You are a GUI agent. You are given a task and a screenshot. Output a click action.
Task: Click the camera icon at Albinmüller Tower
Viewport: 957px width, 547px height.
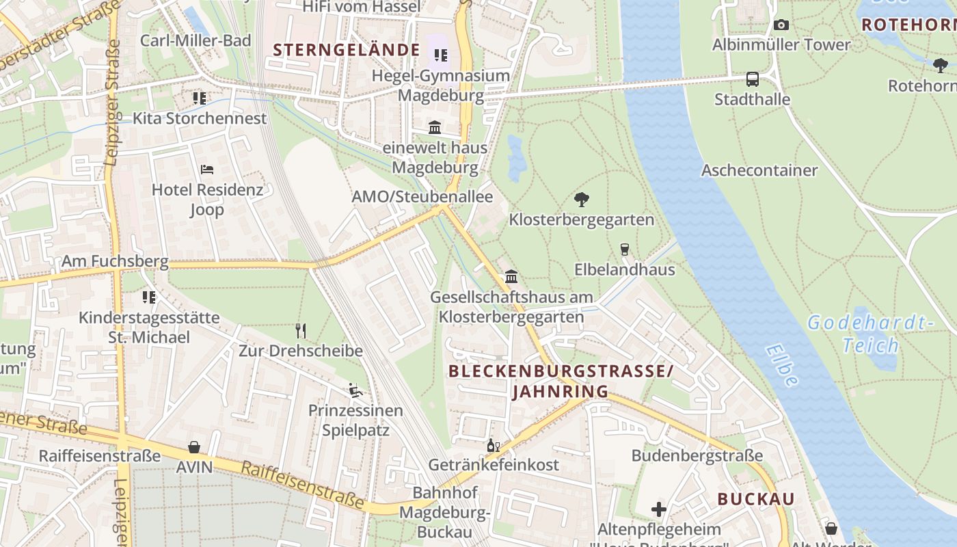[781, 25]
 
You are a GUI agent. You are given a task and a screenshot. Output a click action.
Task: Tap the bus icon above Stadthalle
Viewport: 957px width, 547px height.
[753, 79]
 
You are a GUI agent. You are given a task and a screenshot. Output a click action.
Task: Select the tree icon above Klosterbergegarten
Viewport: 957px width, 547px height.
[582, 200]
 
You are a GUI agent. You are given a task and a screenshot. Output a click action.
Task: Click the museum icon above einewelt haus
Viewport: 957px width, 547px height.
[435, 127]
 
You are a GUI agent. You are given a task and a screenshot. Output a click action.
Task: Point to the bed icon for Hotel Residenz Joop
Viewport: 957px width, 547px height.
[207, 169]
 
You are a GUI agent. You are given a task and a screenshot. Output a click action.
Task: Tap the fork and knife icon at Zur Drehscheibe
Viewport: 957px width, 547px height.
[301, 331]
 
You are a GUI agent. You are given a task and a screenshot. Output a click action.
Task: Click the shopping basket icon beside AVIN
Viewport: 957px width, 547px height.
[194, 447]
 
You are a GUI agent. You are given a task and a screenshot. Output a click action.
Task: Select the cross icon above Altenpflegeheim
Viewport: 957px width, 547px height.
[659, 509]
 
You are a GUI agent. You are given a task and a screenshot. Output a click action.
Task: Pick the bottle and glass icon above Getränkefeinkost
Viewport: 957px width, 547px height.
[493, 445]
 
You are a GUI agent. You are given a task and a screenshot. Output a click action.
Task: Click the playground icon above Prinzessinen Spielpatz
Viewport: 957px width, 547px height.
[355, 390]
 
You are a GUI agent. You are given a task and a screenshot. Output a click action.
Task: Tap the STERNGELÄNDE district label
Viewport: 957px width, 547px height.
[347, 50]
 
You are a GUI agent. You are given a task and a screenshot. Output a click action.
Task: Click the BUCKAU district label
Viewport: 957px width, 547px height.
[756, 499]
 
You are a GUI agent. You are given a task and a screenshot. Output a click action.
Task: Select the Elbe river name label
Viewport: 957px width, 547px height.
[782, 365]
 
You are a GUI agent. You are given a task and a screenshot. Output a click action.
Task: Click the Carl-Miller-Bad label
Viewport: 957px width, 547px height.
[196, 40]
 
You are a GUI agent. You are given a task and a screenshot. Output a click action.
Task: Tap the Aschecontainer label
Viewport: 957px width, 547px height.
[759, 170]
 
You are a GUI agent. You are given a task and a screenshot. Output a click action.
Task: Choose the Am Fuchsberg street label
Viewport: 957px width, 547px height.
[115, 261]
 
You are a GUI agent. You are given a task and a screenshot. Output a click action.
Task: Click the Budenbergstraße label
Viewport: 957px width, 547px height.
[697, 455]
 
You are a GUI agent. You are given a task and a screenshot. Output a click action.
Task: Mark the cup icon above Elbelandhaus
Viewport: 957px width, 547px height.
[624, 249]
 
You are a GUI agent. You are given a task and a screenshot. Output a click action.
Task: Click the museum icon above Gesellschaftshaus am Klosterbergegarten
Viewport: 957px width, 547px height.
[511, 277]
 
